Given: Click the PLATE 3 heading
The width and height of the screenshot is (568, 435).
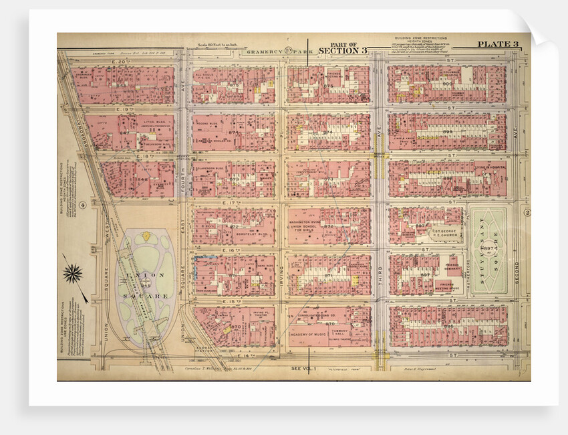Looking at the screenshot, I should [497, 44].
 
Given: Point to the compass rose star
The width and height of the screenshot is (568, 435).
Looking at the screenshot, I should [72, 272].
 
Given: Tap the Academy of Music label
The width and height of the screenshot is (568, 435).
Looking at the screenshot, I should [313, 335].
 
